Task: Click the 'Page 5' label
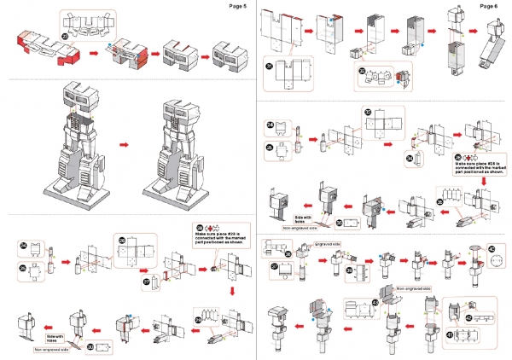pos(238,6)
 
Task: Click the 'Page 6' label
pos(489,6)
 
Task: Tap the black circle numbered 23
pos(67,36)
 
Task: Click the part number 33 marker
pos(367,112)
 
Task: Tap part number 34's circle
pos(410,159)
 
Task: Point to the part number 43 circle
pos(375,302)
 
